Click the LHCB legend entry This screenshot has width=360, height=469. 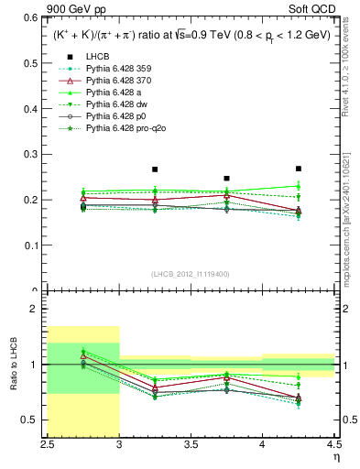97,58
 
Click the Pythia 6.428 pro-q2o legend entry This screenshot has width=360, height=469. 124,129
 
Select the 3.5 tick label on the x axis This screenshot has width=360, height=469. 191,444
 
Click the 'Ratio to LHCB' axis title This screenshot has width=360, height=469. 13,365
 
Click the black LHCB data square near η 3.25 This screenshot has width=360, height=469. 155,169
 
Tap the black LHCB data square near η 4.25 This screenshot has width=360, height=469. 298,169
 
